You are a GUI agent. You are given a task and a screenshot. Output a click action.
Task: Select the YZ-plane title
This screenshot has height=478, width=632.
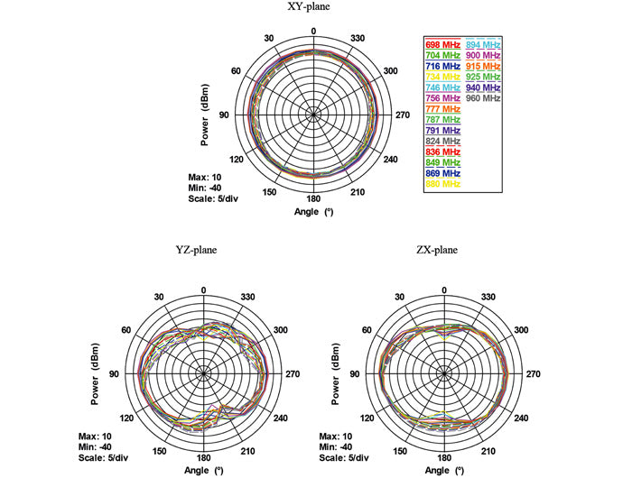point(196,250)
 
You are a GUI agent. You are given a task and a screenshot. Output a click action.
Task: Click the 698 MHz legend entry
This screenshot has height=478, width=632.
point(442,44)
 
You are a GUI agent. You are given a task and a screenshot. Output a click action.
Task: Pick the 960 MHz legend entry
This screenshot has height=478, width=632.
point(484,98)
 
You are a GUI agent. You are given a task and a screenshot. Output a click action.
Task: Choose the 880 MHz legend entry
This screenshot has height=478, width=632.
point(442,184)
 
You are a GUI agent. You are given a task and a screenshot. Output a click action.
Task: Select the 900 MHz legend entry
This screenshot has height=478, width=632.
point(484,56)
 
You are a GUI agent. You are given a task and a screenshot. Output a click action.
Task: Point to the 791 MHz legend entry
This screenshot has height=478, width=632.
point(442,131)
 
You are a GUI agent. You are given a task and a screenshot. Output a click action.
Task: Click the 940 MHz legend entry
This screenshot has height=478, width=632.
point(484,87)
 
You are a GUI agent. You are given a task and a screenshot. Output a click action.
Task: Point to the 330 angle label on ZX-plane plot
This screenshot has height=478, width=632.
point(490,298)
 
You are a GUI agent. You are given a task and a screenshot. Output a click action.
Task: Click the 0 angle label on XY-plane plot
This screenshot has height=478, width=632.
point(313,31)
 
